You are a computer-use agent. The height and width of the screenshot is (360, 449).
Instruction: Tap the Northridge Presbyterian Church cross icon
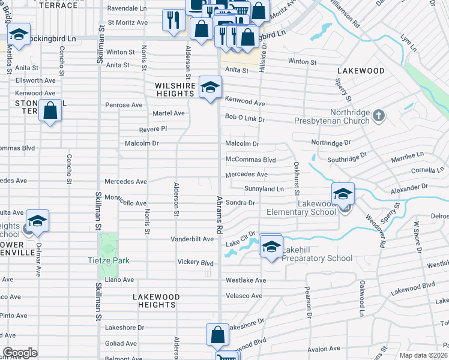point(378,115)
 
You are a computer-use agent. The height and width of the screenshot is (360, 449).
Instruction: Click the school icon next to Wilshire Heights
point(210,88)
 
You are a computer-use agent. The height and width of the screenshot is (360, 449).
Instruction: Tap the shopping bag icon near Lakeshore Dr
point(217,334)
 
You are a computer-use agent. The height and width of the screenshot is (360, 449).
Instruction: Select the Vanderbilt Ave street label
point(192,239)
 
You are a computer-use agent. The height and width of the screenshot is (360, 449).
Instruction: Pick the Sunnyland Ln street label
point(264,189)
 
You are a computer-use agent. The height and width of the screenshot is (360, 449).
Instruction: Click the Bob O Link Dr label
point(245,118)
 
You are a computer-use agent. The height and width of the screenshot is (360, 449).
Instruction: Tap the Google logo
point(20,353)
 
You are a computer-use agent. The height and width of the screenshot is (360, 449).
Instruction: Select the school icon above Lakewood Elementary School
point(343,194)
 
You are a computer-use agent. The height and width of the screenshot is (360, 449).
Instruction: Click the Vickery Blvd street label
point(195,263)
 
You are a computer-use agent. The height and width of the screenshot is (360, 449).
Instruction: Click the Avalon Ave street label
point(325,349)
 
